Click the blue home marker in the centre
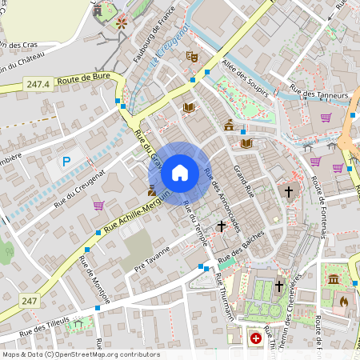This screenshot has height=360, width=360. click(x=180, y=173)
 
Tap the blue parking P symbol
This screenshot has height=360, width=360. click(x=67, y=162)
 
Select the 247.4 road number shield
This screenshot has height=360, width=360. click(x=38, y=84)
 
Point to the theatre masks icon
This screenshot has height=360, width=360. click(x=191, y=57)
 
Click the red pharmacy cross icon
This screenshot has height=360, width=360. click(x=256, y=338)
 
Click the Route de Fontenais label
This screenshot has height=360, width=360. click(x=321, y=206)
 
